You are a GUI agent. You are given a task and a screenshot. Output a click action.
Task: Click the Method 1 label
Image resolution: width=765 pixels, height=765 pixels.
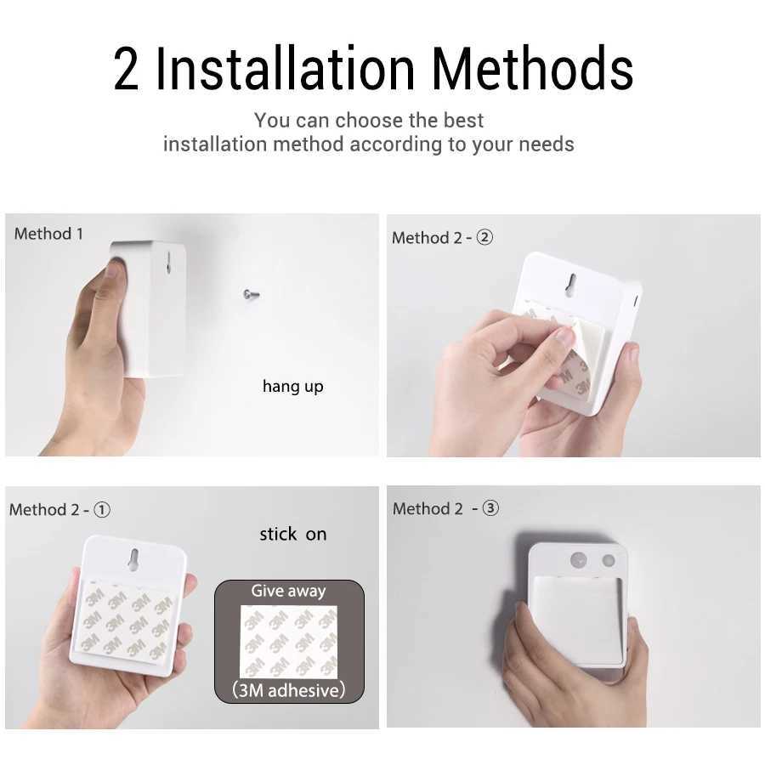pos(48,234)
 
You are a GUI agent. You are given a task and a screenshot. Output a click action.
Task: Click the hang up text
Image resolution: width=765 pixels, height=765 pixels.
pos(292,387)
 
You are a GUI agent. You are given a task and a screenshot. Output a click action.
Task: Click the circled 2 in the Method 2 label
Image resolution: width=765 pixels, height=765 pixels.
pos(484,238)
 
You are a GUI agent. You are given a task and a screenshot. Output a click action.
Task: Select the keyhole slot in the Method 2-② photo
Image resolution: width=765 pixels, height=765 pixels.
pos(571,284)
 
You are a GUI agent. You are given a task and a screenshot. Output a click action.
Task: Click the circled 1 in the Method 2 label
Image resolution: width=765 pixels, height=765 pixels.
pos(102,510)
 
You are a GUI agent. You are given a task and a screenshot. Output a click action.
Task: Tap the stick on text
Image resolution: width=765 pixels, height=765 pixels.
pos(292,535)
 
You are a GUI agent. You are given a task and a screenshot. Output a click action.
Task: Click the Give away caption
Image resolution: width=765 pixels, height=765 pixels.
pos(288,592)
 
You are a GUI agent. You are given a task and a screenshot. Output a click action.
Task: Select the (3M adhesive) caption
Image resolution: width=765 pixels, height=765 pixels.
pos(289,690)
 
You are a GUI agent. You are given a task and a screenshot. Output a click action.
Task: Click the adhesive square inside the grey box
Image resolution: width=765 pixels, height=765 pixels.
pos(288,642)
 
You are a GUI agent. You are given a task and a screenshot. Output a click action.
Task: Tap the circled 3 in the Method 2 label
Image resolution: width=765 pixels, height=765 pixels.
pos(490,509)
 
